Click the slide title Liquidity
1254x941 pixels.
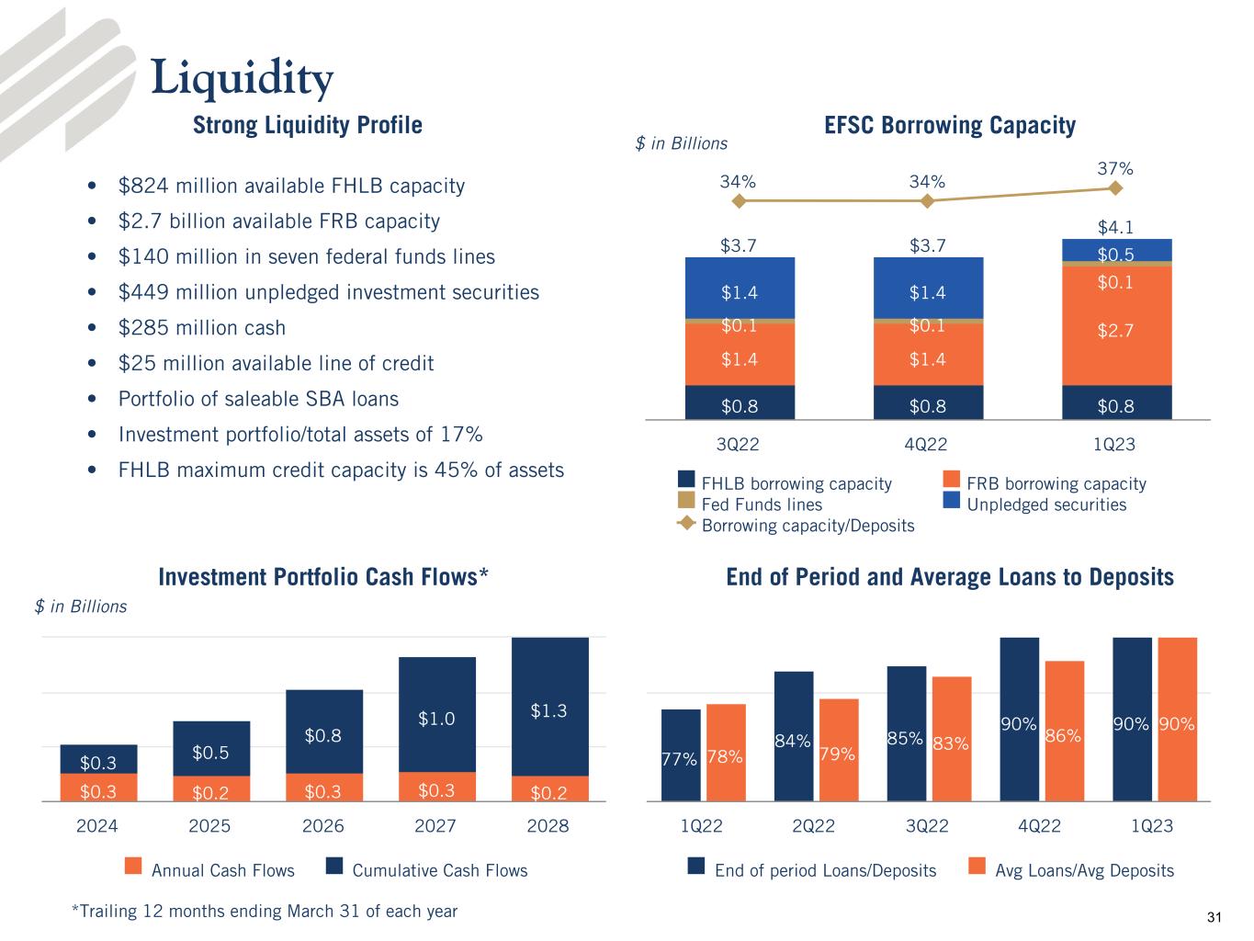click(x=242, y=78)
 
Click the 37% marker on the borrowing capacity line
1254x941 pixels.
click(x=1115, y=187)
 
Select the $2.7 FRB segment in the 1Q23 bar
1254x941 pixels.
click(x=1115, y=329)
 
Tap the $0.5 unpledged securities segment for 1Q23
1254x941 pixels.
click(x=1115, y=251)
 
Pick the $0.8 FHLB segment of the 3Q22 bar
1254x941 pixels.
click(x=740, y=403)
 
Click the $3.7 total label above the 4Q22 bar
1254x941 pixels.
click(x=927, y=245)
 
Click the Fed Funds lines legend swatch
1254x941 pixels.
click(x=685, y=501)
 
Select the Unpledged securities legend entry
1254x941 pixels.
click(x=1046, y=505)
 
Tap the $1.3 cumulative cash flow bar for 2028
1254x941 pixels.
click(x=548, y=710)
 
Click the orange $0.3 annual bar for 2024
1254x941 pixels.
click(x=97, y=789)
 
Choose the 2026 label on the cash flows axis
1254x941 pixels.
click(x=323, y=826)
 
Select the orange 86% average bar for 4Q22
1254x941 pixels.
click(x=1064, y=735)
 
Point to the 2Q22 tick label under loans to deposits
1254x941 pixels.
click(x=813, y=826)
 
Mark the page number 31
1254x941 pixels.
click(x=1214, y=917)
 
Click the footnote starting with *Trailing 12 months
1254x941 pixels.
click(x=265, y=911)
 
